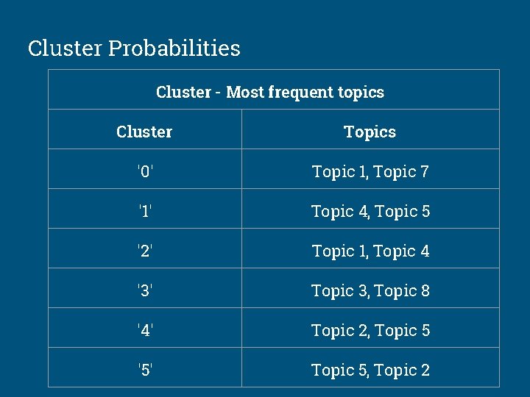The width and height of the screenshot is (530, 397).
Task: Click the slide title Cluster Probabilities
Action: [x=134, y=49]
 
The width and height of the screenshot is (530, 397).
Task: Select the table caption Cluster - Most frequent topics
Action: [x=270, y=92]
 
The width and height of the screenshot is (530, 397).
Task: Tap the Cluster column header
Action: [x=144, y=132]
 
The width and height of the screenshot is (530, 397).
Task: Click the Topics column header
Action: [x=370, y=132]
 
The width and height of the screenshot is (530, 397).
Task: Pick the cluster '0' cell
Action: [x=145, y=171]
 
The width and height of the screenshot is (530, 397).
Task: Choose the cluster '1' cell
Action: [x=145, y=211]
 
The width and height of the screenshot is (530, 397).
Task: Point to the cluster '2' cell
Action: [x=145, y=251]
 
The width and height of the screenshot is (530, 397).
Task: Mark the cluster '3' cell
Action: [x=145, y=290]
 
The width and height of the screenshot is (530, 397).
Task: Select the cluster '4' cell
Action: [x=145, y=330]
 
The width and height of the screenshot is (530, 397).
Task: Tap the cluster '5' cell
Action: [x=145, y=370]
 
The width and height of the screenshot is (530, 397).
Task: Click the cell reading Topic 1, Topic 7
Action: [x=370, y=171]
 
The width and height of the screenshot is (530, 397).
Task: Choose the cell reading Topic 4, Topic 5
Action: [x=370, y=211]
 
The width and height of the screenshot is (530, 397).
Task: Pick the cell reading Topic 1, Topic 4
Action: [x=370, y=251]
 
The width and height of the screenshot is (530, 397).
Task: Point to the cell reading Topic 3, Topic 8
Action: [x=370, y=290]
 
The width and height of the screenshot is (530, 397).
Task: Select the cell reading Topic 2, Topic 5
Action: [x=370, y=330]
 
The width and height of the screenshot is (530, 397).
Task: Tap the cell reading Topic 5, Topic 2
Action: [x=370, y=370]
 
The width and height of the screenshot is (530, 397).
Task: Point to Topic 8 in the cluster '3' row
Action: [x=402, y=290]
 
